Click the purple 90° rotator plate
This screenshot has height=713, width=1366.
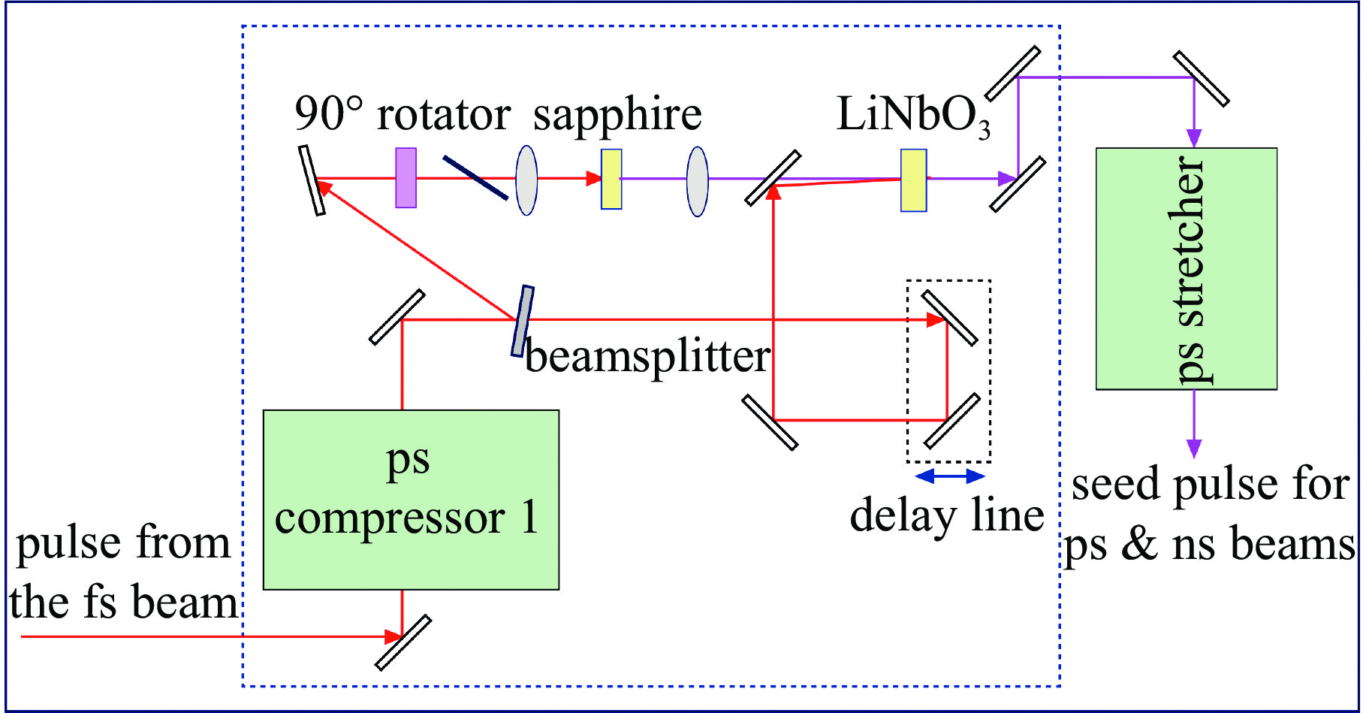pyautogui.click(x=406, y=178)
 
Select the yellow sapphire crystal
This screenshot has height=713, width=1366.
pyautogui.click(x=611, y=179)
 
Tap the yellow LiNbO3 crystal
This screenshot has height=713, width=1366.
pyautogui.click(x=913, y=180)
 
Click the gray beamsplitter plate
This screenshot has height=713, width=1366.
pyautogui.click(x=523, y=321)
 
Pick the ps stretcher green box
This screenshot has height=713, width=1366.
pyautogui.click(x=1186, y=268)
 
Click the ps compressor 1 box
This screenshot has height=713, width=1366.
pyautogui.click(x=411, y=499)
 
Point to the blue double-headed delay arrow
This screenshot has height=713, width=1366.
pyautogui.click(x=950, y=476)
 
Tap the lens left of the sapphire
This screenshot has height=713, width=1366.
pyautogui.click(x=526, y=180)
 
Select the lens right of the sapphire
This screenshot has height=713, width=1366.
pyautogui.click(x=698, y=181)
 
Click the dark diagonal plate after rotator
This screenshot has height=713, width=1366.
pyautogui.click(x=475, y=177)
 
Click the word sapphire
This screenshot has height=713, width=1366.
pyautogui.click(x=617, y=114)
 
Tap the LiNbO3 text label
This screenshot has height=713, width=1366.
pyautogui.click(x=913, y=116)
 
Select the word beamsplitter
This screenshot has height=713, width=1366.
pyautogui.click(x=647, y=356)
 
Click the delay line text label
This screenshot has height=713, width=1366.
pyautogui.click(x=946, y=515)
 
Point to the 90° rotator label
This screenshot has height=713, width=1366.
pyautogui.click(x=403, y=114)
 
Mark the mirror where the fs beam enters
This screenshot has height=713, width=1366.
pyautogui.click(x=403, y=642)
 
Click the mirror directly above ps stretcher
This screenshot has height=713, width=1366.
pyautogui.click(x=1201, y=78)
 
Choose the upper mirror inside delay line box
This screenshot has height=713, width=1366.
pyautogui.click(x=949, y=318)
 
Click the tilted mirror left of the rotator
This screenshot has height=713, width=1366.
pyautogui.click(x=312, y=180)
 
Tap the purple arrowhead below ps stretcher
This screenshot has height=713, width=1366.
pyautogui.click(x=1194, y=448)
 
